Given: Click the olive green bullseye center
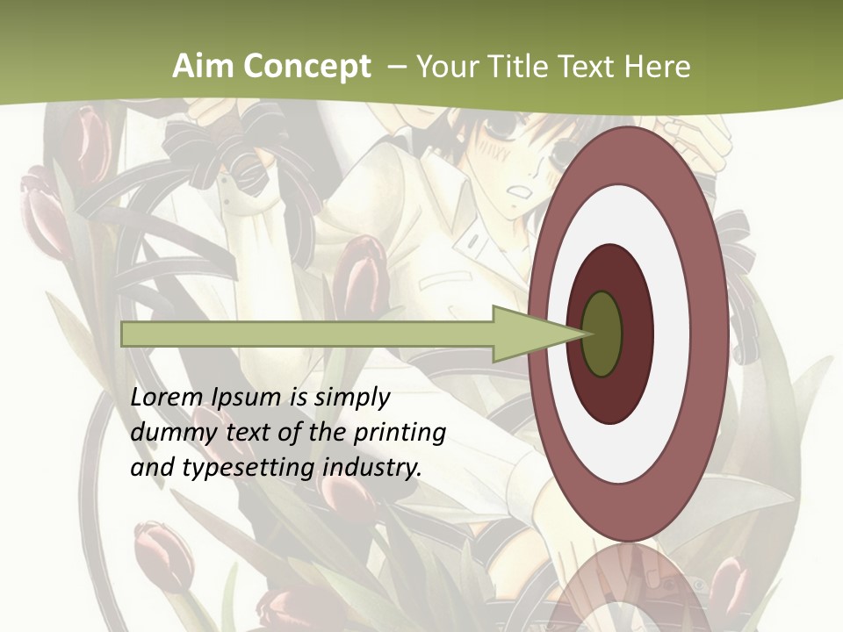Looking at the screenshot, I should tap(602, 334).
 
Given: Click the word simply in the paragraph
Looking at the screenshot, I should tap(351, 398).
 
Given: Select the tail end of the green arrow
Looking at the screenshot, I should tap(125, 334).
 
